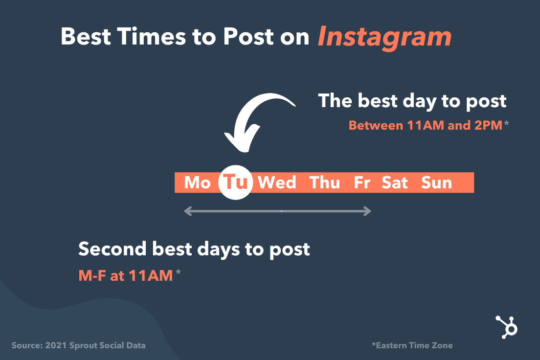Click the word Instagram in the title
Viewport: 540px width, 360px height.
click(384, 38)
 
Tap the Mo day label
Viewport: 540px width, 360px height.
click(197, 182)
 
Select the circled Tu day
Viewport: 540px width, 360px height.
click(236, 182)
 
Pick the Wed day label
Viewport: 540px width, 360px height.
click(277, 182)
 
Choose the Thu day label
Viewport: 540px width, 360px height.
click(324, 182)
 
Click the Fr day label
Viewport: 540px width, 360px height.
click(362, 182)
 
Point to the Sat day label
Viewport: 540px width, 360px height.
click(394, 182)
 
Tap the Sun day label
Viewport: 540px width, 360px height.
click(436, 182)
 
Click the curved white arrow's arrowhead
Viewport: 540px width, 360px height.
click(241, 139)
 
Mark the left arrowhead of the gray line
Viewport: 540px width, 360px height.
click(188, 211)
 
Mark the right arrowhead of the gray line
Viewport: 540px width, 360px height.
click(367, 211)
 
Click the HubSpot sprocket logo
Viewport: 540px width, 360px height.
click(507, 327)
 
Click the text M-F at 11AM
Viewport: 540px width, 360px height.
click(126, 275)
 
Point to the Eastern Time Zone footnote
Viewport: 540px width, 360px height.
click(412, 345)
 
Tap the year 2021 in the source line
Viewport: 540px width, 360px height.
click(56, 345)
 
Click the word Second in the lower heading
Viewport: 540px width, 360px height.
click(112, 249)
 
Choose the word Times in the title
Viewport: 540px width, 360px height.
click(152, 37)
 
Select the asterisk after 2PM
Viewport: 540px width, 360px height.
click(506, 123)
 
